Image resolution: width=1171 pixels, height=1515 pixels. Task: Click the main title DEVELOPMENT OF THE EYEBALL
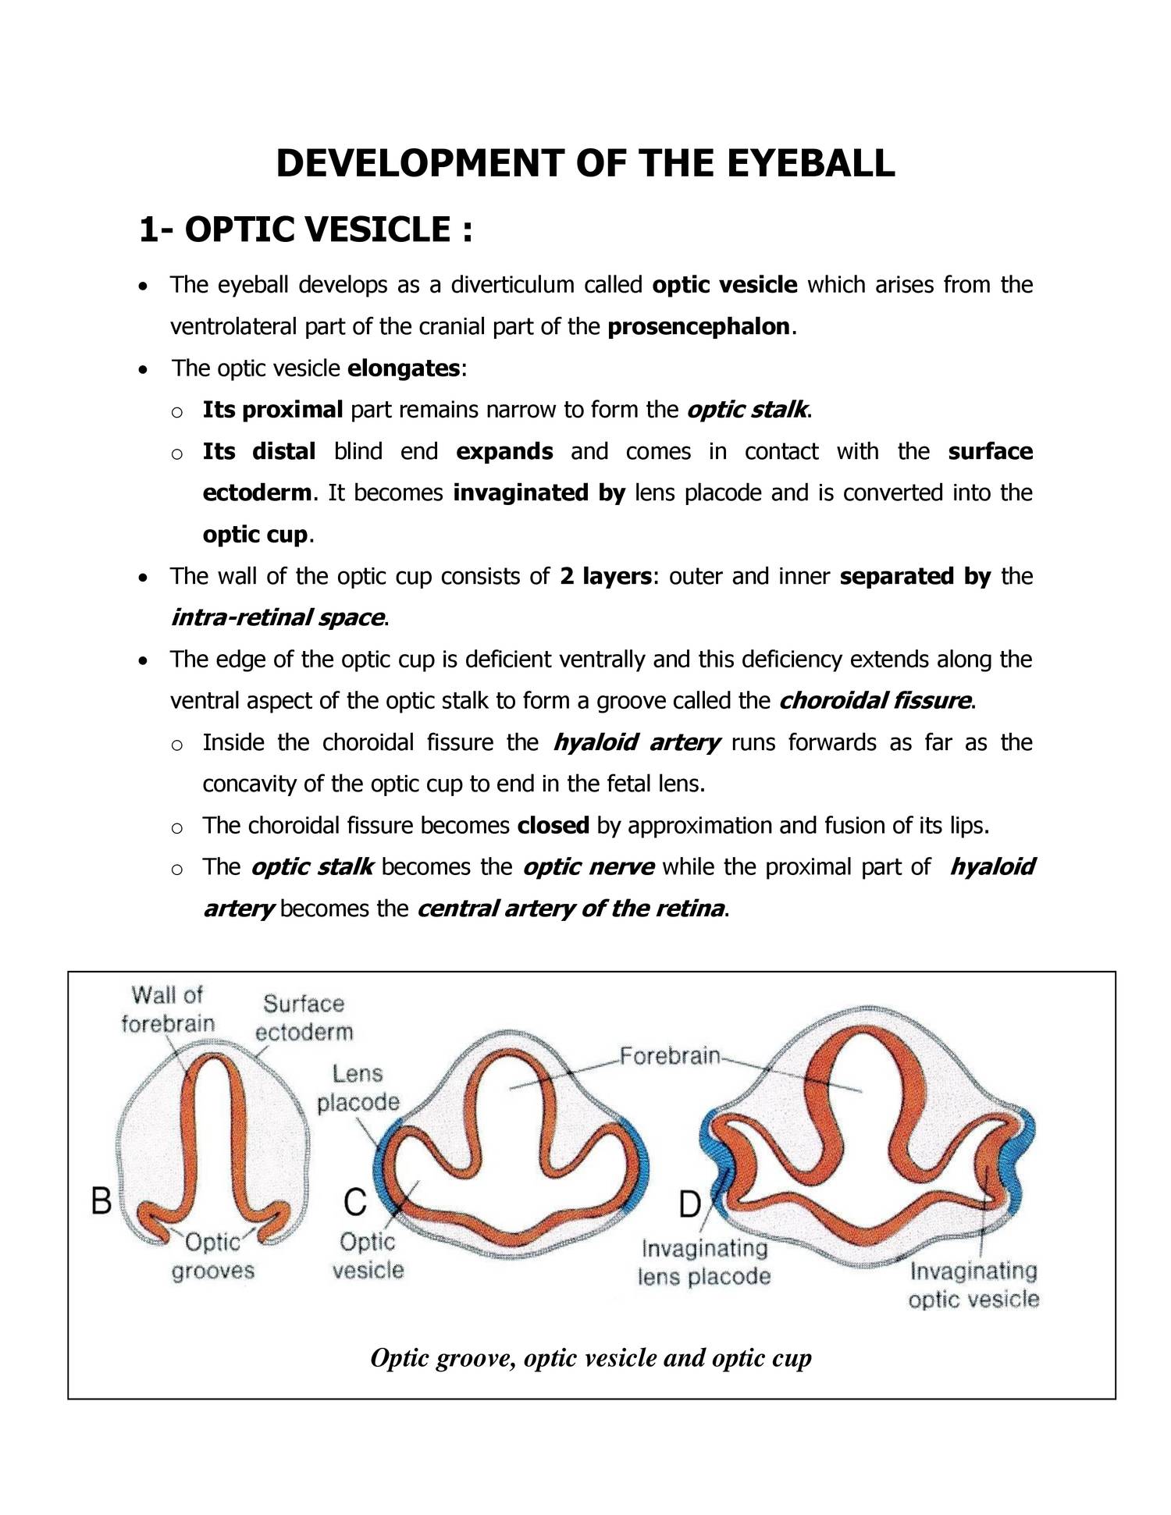point(585,164)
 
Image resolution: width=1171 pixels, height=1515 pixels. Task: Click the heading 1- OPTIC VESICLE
point(305,229)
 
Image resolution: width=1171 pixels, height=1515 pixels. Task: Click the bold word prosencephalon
point(699,326)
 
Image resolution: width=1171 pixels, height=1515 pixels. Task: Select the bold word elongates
point(404,368)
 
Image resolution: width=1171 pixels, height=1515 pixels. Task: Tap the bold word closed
point(553,826)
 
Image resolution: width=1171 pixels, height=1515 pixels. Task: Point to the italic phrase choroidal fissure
point(875,700)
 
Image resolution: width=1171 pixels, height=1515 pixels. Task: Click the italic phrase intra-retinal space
point(277,617)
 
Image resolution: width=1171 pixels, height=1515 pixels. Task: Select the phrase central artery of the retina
point(571,909)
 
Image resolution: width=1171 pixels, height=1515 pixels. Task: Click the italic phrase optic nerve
point(588,867)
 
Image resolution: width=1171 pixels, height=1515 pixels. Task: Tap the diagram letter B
point(101,1200)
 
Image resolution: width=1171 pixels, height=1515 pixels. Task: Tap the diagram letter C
point(354,1202)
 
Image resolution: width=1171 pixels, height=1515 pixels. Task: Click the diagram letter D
point(689,1205)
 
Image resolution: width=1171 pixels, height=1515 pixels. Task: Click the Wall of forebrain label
point(167,1009)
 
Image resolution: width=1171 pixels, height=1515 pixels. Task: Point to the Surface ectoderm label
point(304,1018)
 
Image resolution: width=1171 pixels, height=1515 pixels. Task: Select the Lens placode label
point(358,1088)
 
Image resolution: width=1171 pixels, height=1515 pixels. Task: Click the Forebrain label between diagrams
point(670,1056)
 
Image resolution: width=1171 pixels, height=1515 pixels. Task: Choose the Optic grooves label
point(213,1257)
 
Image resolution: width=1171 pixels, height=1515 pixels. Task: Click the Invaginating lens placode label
point(704,1263)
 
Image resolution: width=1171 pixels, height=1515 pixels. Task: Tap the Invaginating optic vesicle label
point(973,1286)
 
